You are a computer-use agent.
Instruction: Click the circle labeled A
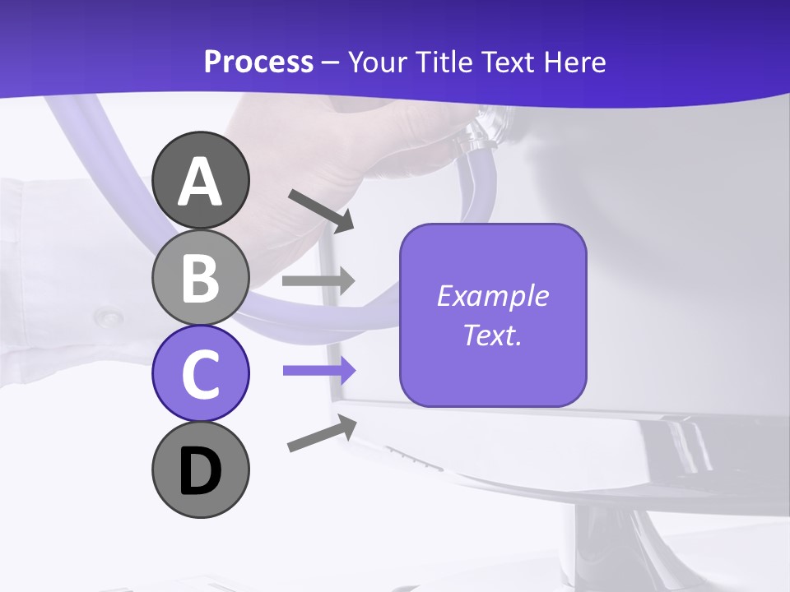click(x=201, y=180)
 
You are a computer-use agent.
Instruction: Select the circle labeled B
click(x=201, y=277)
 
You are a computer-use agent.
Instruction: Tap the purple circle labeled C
click(x=201, y=373)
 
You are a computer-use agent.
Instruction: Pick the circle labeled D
click(x=201, y=469)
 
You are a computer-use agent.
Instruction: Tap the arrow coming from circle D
click(x=322, y=433)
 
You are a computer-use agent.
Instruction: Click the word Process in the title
click(x=258, y=62)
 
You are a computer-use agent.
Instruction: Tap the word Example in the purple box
click(x=492, y=296)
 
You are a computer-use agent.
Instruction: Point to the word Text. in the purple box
click(x=492, y=335)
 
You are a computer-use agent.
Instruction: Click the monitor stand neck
click(x=609, y=543)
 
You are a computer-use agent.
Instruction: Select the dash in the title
click(x=331, y=62)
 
